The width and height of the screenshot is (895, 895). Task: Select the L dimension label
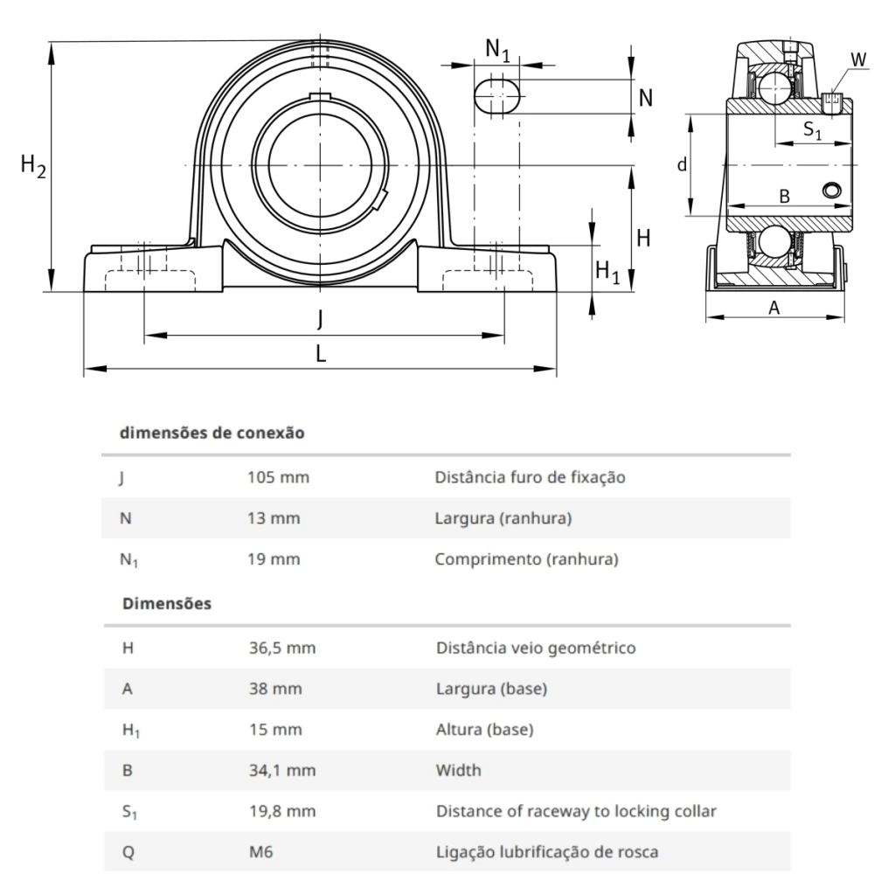click(x=321, y=355)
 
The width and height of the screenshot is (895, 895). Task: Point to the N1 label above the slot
click(x=497, y=50)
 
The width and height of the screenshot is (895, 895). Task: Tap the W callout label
click(x=858, y=59)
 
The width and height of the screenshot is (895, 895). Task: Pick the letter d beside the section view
click(x=682, y=165)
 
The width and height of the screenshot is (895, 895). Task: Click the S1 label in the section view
click(x=812, y=130)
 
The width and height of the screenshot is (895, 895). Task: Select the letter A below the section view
click(x=774, y=308)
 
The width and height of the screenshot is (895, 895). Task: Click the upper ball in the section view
click(x=774, y=88)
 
